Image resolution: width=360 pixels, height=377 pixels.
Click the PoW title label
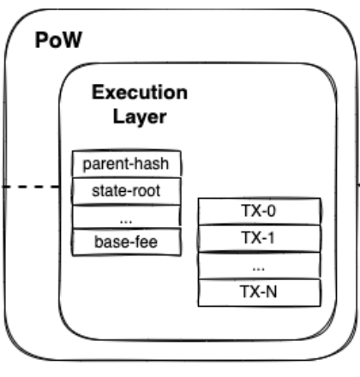(58, 40)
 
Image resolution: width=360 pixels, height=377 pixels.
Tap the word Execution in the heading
(140, 93)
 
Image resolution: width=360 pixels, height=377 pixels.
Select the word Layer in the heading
(140, 117)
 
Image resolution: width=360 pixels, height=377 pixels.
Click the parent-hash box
(127, 164)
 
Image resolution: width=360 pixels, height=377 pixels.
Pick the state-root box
(127, 191)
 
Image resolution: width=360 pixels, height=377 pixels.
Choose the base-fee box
(127, 242)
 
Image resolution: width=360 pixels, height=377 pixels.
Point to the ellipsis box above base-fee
(127, 217)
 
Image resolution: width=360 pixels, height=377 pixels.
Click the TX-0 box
(259, 211)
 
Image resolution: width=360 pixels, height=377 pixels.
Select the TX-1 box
(259, 238)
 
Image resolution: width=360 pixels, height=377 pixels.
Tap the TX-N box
(259, 292)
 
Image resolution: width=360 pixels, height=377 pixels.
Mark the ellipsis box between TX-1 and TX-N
(259, 266)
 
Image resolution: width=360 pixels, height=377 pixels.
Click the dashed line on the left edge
(31, 187)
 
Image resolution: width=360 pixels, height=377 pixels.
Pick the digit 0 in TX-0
(271, 211)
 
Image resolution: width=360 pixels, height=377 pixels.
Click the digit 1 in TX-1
(270, 238)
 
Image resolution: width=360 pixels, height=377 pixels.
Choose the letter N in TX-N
(271, 292)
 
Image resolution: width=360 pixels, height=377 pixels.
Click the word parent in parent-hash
(105, 165)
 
